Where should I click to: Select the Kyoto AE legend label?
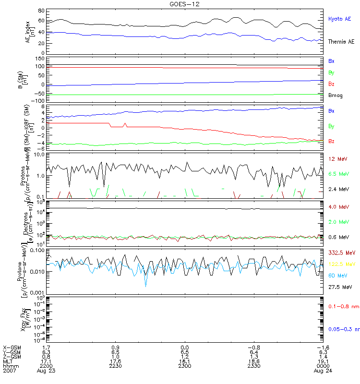point(339,19)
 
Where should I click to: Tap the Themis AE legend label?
point(341,42)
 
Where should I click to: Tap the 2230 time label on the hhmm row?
point(115,366)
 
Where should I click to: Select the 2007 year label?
point(9,371)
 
